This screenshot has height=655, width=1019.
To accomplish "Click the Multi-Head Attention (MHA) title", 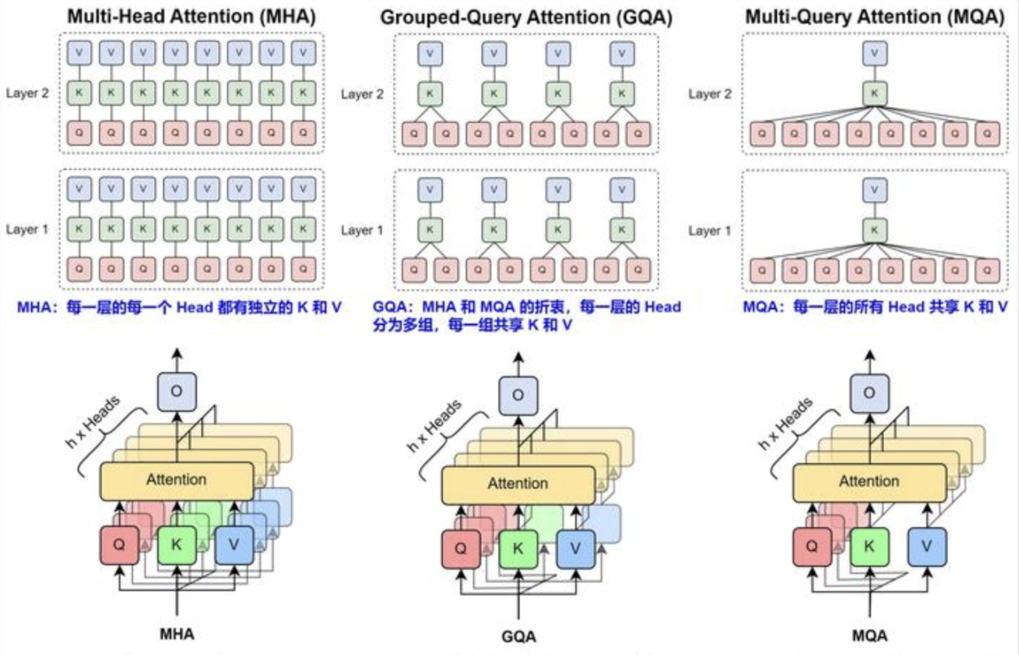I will tap(191, 16).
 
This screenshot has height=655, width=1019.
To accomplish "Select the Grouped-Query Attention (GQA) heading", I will tap(526, 17).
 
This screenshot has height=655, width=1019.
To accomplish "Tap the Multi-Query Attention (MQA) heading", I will tap(874, 17).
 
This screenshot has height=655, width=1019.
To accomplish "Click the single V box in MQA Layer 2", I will tap(874, 54).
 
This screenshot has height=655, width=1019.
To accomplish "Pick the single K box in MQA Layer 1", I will tap(874, 230).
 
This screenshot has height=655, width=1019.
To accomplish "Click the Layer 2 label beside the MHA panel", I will tap(27, 93).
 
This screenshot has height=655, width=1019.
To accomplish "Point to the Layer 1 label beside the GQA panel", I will tap(362, 230).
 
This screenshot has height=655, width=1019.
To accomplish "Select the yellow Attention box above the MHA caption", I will tap(176, 480).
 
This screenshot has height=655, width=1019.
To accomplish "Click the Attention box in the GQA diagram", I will tap(518, 484).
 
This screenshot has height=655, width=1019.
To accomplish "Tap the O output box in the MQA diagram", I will tap(869, 393).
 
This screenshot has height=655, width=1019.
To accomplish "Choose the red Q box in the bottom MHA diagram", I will tap(119, 545).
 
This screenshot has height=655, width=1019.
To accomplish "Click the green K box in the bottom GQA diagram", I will tap(518, 548).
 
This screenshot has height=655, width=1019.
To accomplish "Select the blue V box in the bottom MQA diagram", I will tap(927, 546).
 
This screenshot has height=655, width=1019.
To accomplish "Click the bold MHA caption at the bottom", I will tap(177, 634).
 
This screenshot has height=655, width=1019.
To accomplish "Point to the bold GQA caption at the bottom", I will tap(519, 636).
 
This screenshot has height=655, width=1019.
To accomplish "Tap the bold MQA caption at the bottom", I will tap(869, 636).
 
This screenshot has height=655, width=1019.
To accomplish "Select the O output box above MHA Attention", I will tap(176, 391).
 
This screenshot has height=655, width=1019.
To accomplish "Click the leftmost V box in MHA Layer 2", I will tap(79, 53).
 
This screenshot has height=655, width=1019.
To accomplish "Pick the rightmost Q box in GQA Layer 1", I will tap(638, 270).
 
